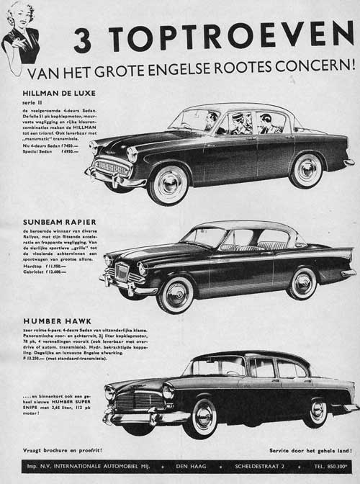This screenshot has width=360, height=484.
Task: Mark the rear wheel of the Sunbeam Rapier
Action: click(303, 282)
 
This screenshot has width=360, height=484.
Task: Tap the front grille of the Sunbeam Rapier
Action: click(122, 272)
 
